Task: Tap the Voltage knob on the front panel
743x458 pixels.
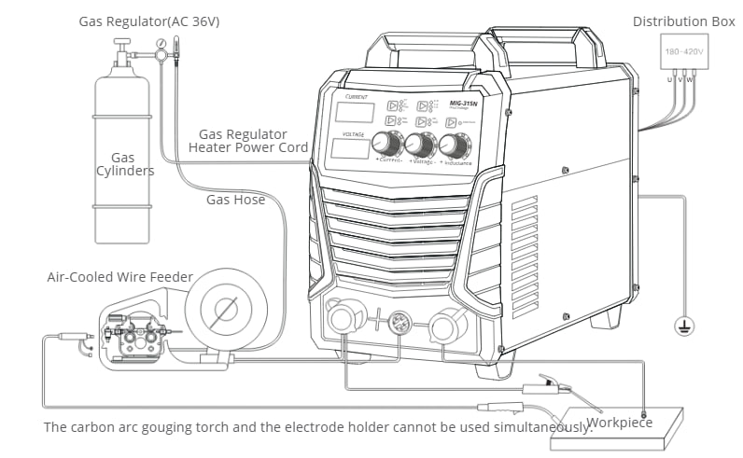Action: tap(419, 145)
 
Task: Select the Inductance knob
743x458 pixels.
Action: tap(452, 146)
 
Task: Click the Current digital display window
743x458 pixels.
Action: tap(353, 114)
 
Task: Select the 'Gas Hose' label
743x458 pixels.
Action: tap(235, 200)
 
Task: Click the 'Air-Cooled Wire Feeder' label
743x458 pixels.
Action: tap(120, 277)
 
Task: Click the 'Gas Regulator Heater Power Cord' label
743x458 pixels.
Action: tap(247, 141)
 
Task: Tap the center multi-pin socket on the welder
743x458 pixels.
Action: tap(400, 321)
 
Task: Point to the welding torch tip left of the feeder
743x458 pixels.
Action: tap(66, 336)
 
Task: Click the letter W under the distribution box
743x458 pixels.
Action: tap(691, 79)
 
